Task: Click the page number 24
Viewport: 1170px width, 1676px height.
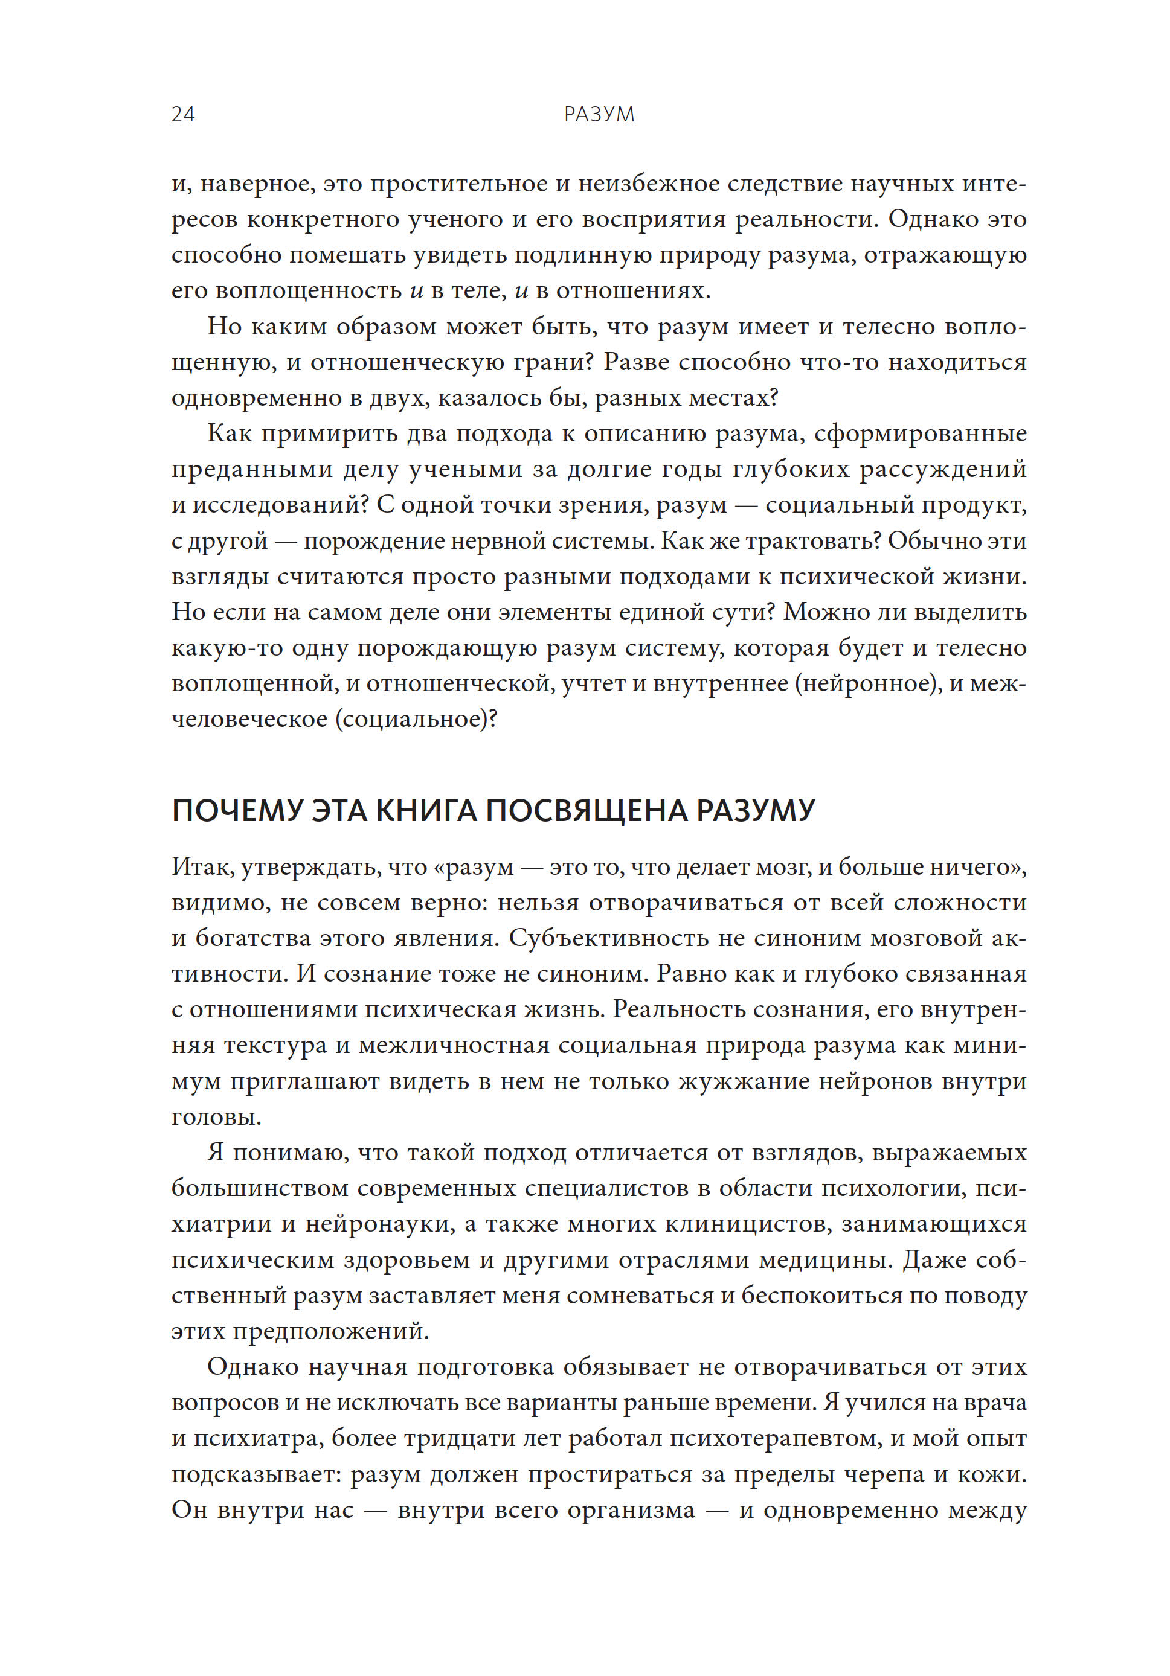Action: pos(182,115)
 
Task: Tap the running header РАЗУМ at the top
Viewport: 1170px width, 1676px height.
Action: pos(599,115)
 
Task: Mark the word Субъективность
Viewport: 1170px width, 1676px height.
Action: pos(608,938)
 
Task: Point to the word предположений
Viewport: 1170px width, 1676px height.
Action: pos(330,1331)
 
